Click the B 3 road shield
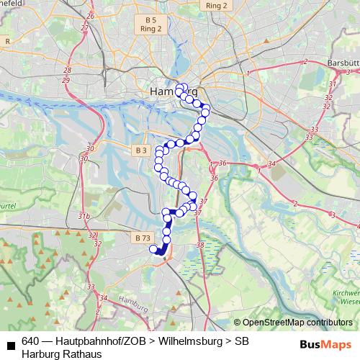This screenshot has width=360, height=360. pos(140,150)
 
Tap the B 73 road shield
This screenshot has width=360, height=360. pos(143,237)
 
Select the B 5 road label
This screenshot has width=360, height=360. pos(150,19)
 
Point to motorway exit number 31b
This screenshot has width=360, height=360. pos(84,216)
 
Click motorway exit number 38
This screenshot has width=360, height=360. pos(200,246)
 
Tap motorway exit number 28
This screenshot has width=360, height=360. pos(67,70)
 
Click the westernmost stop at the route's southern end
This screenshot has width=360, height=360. pos(153,249)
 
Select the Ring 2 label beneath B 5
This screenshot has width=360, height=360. pos(151,29)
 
